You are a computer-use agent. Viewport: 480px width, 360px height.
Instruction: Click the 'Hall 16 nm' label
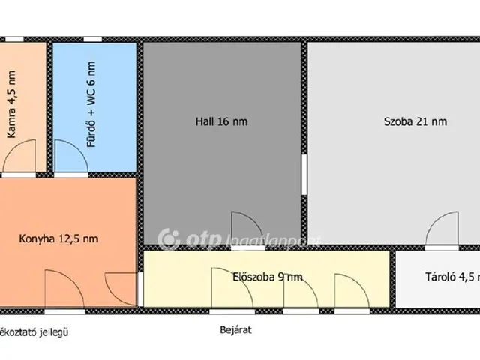coord(220,120)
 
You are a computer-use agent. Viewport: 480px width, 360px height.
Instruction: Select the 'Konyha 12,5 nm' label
coord(58,239)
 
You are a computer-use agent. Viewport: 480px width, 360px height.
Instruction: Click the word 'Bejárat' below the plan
coord(235,328)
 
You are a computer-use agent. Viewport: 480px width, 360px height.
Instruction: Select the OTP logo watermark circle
coord(169,239)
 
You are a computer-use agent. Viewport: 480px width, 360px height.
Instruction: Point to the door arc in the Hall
coord(244,227)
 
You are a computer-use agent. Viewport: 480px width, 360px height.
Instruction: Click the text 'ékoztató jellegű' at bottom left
coord(34,330)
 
